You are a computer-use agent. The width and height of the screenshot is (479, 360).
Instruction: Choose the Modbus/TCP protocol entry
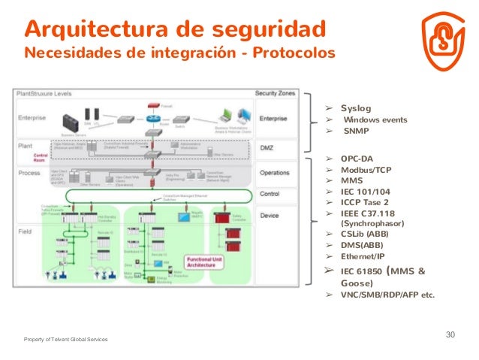pos(366,170)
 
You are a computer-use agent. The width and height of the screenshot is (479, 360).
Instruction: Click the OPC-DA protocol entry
pos(356,159)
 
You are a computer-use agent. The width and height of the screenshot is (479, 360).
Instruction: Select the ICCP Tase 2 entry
pos(364,202)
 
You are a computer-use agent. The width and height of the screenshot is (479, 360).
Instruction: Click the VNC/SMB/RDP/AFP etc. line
pos(387,295)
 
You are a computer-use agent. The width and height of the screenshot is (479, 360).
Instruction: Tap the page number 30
pos(450,334)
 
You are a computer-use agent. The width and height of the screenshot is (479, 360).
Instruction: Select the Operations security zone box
pos(275,173)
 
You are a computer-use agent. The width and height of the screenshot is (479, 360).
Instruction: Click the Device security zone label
pos(269,216)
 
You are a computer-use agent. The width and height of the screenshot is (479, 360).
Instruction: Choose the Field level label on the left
pos(25,231)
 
